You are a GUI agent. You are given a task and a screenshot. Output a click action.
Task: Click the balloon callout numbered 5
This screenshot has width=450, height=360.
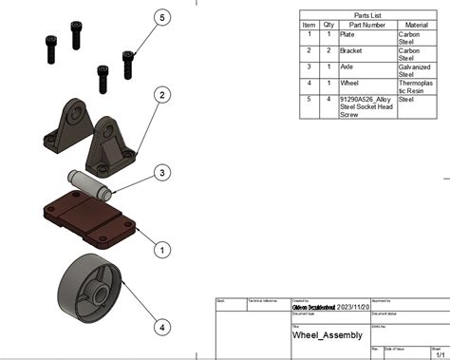[162, 17]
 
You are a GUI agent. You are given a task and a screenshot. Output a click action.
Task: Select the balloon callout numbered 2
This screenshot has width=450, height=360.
[162, 95]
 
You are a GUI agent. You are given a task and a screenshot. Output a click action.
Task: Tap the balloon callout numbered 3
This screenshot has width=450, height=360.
[162, 172]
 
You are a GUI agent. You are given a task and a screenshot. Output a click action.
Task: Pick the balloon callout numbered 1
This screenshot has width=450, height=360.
[162, 250]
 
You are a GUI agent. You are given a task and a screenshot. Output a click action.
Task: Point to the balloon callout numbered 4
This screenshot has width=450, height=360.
[162, 327]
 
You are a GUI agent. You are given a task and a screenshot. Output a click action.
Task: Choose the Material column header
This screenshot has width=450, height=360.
[417, 26]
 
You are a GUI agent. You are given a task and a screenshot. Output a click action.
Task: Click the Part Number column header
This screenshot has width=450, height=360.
[366, 26]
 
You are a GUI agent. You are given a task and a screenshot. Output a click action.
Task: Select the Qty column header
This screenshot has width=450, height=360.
[328, 26]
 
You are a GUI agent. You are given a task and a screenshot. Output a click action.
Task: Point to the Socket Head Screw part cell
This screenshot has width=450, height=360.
[366, 106]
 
